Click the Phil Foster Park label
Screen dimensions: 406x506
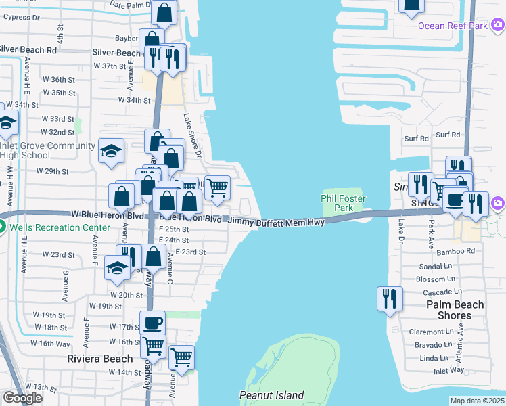coord(344,204)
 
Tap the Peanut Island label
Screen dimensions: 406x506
coord(271,395)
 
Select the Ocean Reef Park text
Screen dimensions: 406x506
coord(453,26)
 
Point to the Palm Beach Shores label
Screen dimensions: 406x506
coord(455,310)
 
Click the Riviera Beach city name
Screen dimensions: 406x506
coord(100,358)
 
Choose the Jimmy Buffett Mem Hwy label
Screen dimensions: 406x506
coord(276,221)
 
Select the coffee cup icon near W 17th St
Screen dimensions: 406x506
coord(152,323)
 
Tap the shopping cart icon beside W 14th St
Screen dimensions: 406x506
coord(181,357)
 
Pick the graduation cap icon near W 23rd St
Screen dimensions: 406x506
coord(118,268)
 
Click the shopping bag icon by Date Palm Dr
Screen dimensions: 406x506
coord(164,12)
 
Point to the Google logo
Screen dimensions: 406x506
coord(23,398)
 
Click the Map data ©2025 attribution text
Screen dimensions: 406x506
coord(477,401)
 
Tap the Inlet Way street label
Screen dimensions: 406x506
coord(448,370)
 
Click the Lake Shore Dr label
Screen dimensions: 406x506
coord(193,135)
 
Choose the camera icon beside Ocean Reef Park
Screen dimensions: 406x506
coord(498,26)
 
